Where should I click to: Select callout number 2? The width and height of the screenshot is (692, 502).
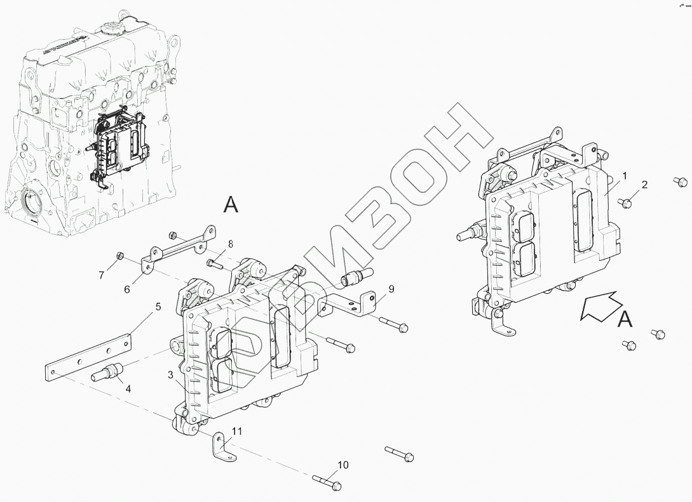tap(644, 185)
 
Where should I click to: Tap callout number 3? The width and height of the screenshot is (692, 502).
tap(170, 375)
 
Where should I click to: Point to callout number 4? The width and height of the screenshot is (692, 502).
tap(128, 388)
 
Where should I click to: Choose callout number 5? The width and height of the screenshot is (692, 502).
tap(158, 307)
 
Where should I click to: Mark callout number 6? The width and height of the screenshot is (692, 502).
tap(127, 289)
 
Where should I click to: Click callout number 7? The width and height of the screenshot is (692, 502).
tap(101, 275)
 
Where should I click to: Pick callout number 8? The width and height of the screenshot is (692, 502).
tap(231, 243)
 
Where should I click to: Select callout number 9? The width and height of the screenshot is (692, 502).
tap(391, 289)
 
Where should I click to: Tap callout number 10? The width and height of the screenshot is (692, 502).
tap(343, 465)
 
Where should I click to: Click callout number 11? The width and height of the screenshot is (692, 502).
tap(237, 431)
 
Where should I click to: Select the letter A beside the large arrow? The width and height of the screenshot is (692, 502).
tap(625, 320)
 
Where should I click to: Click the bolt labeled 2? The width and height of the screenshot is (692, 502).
tap(625, 203)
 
